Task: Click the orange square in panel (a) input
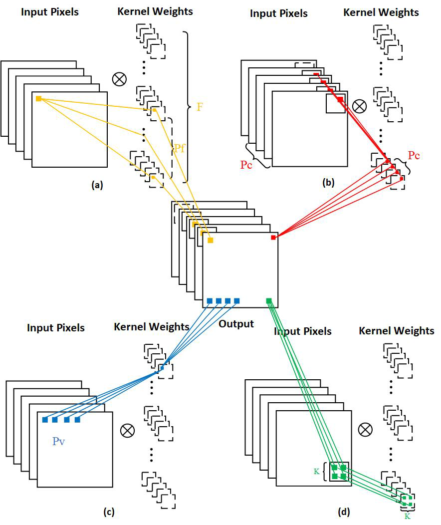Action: pos(38,99)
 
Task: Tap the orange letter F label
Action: pos(200,107)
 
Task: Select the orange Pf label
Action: pos(180,148)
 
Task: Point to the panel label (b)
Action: pos(328,183)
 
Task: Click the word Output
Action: pos(236,324)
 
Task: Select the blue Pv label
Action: pos(59,441)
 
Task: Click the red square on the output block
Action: pos(273,238)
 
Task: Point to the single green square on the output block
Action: pos(269,300)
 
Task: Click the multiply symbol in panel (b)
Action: pos(360,106)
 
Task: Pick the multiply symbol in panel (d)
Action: pos(366,429)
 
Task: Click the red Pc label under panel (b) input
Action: pos(246,165)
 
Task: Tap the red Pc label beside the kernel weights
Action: pos(414,155)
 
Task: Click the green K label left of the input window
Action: pos(316,471)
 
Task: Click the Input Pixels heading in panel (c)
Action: pos(56,328)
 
